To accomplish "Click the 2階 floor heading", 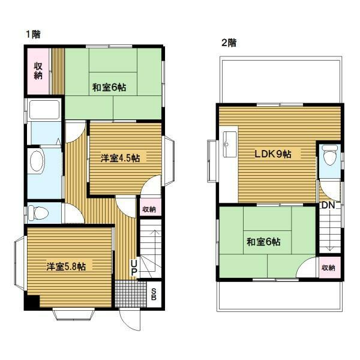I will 229,43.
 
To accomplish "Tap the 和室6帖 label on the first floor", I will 109,88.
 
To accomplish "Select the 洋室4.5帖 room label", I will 120,158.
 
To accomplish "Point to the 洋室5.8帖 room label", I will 66,266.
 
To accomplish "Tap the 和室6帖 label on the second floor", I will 263,242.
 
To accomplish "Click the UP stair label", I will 134,267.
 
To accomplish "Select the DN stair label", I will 328,206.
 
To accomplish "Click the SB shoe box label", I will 154,294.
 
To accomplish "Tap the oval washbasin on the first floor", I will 37,163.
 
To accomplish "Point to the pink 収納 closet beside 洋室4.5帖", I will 149,209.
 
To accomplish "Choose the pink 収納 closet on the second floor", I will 328,267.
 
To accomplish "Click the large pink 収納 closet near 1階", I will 38,71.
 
